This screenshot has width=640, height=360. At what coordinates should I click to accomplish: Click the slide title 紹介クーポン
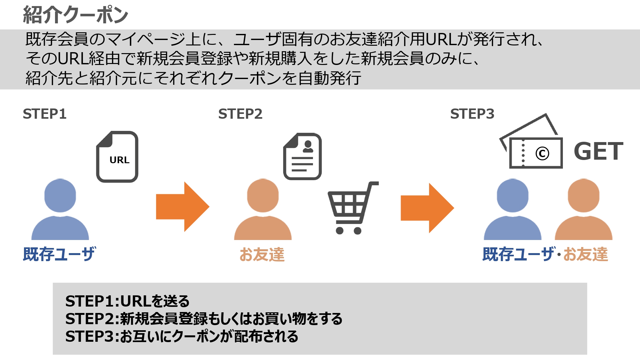tap(76, 15)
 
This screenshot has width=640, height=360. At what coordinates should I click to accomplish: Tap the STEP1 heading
tap(45, 114)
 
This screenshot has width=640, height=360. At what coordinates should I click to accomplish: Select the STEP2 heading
tap(240, 114)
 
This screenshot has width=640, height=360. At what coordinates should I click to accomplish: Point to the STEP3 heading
tap(472, 114)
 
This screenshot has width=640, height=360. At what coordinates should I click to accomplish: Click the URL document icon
tap(117, 157)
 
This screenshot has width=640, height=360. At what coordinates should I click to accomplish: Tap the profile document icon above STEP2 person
tap(302, 156)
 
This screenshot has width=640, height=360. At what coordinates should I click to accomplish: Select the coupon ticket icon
tap(531, 141)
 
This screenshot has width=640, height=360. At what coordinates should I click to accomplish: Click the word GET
tap(599, 151)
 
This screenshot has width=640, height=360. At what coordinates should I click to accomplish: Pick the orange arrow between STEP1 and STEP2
tap(183, 207)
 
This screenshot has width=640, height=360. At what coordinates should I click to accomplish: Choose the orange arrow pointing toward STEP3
tap(428, 208)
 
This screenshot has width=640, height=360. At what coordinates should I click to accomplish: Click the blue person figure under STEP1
tap(60, 209)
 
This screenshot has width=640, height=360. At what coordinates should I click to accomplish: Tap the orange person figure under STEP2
tap(263, 209)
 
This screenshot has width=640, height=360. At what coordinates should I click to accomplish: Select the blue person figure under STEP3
tap(513, 209)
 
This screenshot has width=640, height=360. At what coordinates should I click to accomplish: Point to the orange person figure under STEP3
tap(584, 209)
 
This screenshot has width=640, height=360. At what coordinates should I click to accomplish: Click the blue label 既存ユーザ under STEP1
tap(60, 254)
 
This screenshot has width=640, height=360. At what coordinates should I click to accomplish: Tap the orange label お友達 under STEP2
tap(262, 255)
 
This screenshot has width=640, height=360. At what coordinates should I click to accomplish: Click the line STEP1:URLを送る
tap(127, 301)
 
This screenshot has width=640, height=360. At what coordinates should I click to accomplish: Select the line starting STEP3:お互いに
tap(182, 336)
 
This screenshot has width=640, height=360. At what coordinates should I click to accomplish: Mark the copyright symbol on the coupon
tap(542, 154)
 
